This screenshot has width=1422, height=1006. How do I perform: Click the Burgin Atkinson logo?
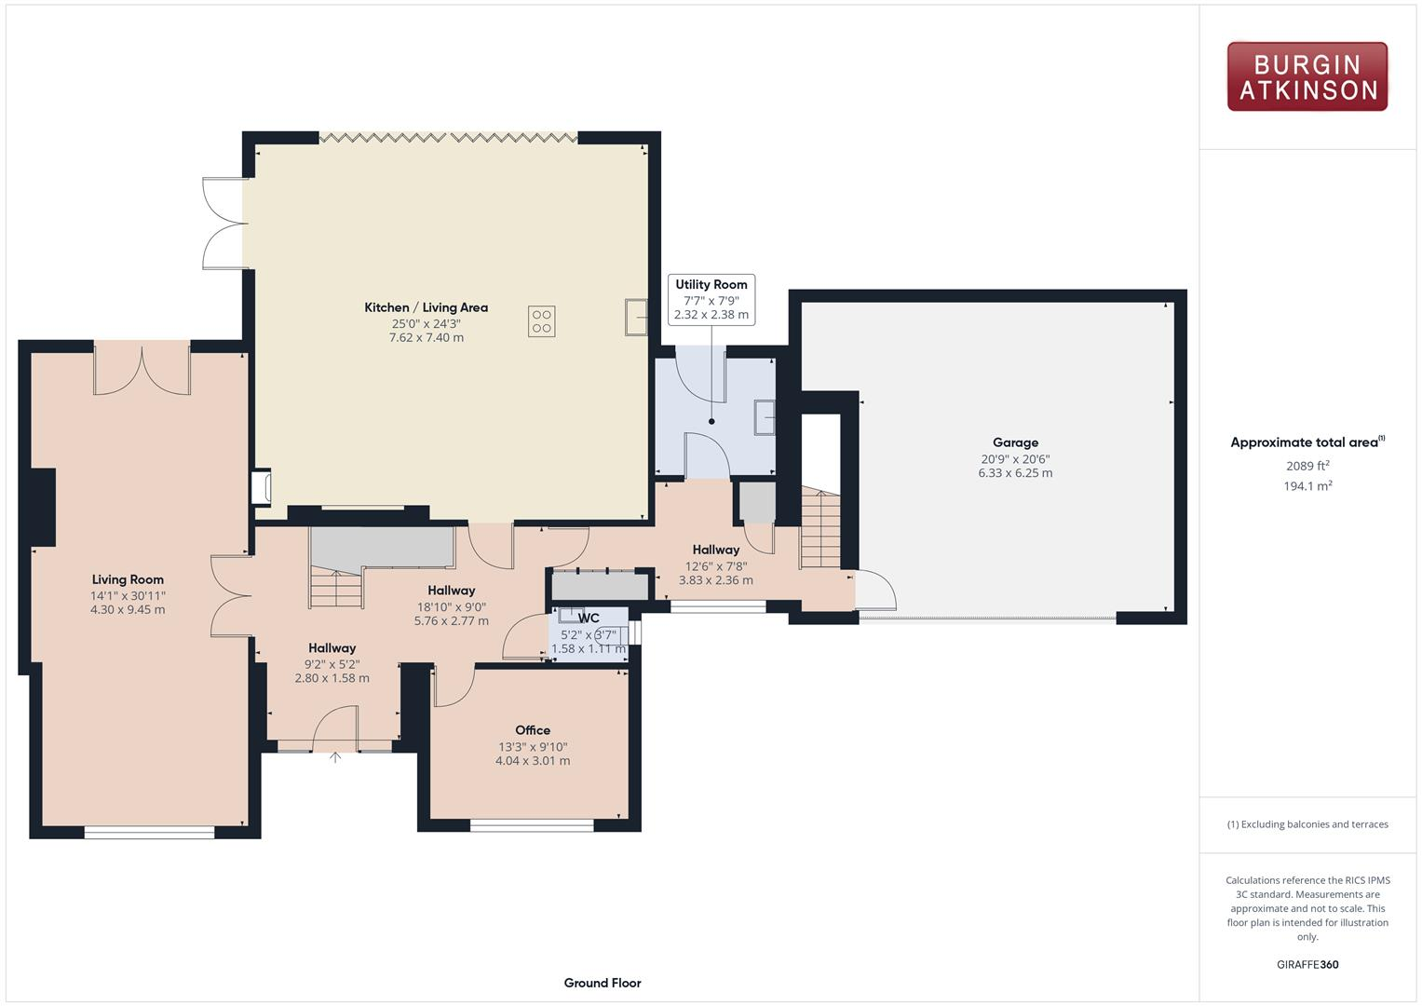pos(1307,76)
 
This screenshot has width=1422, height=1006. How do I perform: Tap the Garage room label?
pos(1015,442)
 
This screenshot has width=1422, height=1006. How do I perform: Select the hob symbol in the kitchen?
pos(542,320)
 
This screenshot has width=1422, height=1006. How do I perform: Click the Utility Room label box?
pos(711,299)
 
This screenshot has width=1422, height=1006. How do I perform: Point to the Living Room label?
pos(128,579)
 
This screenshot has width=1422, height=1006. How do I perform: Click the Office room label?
pos(533,730)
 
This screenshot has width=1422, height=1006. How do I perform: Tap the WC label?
pos(589,618)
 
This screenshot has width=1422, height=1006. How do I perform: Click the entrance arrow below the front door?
pos(335,757)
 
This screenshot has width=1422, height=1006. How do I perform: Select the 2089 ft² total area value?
pos(1307,466)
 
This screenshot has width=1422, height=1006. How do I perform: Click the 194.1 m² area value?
pos(1307,486)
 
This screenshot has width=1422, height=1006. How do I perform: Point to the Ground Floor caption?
pos(603,983)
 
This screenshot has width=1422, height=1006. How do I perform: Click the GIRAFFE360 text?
pos(1307,964)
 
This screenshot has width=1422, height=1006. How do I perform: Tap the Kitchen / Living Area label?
pos(426,307)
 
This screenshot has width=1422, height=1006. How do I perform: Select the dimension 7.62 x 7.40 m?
pos(426,337)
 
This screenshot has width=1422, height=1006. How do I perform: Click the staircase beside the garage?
pos(820,531)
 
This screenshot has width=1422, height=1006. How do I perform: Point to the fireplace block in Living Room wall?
pos(41,507)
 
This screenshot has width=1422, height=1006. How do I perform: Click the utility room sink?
pos(764,417)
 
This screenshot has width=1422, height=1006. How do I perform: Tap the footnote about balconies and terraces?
pos(1307,824)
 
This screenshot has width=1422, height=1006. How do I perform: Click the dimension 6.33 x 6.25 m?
pos(1015,473)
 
